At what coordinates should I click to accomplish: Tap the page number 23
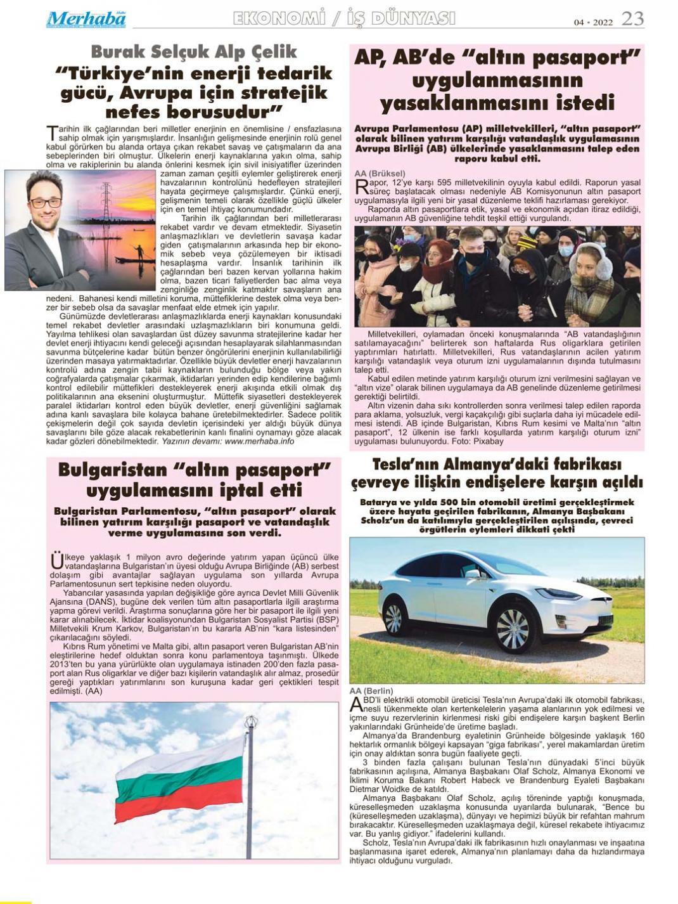tap(632, 19)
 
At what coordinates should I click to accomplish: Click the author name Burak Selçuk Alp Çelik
tap(194, 51)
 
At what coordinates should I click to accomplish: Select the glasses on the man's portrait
tap(45, 203)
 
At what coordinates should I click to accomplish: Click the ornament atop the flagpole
tap(251, 723)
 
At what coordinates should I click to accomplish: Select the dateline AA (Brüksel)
tap(380, 173)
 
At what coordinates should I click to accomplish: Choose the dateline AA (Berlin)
tap(371, 690)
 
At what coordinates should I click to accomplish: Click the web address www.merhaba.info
tap(259, 441)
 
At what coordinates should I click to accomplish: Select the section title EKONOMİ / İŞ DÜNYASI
tap(344, 19)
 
